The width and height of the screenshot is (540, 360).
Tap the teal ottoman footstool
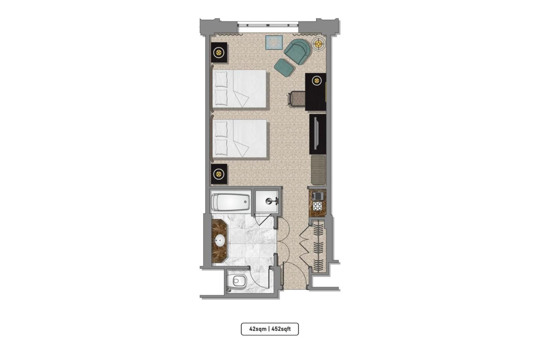[284, 67]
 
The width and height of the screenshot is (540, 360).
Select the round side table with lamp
[319, 44]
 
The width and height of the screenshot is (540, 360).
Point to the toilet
[239, 281]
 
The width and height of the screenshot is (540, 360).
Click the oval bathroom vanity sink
[220, 241]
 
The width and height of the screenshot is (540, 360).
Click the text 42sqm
[258, 329]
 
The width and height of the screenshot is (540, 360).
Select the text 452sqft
[281, 329]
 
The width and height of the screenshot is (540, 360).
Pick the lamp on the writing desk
[316, 81]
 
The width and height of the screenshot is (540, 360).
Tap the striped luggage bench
[318, 170]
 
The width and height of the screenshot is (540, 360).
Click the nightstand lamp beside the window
[219, 52]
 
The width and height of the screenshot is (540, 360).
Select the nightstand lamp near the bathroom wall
[219, 174]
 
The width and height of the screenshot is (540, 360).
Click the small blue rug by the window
[274, 43]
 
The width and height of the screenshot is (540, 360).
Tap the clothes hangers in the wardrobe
[318, 246]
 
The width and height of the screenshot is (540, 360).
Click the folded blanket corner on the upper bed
[242, 99]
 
